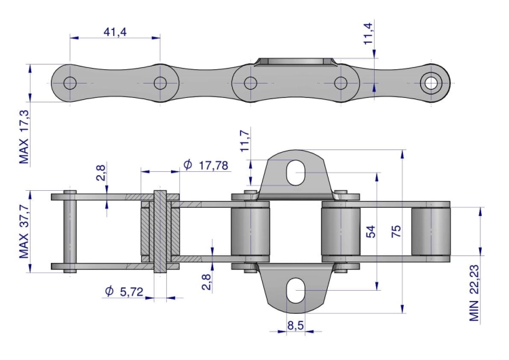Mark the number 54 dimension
(371, 232)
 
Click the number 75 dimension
(396, 232)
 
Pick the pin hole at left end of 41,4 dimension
(69, 83)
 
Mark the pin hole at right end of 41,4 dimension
(160, 83)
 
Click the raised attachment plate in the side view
(296, 63)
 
